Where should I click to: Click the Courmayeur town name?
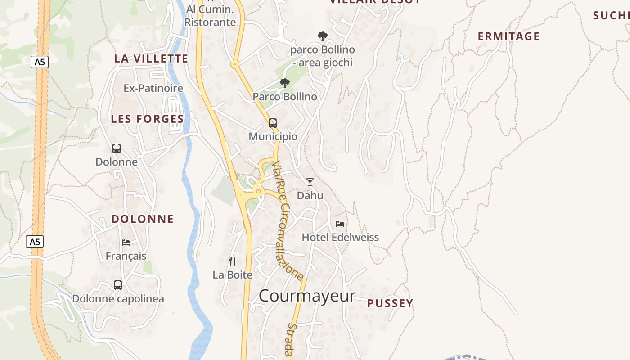click(307, 296)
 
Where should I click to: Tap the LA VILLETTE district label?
click(151, 58)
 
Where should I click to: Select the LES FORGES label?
click(147, 119)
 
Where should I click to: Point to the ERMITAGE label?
click(508, 36)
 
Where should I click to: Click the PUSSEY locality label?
click(390, 303)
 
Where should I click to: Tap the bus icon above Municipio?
click(273, 123)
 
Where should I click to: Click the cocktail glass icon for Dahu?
click(310, 182)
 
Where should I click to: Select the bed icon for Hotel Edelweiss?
click(340, 224)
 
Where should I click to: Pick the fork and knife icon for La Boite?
click(232, 261)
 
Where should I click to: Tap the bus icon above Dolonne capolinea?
click(118, 285)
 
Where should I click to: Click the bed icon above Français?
click(126, 242)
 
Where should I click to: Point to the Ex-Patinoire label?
click(153, 88)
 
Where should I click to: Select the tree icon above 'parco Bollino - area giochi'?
click(322, 36)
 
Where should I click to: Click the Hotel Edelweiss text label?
click(340, 237)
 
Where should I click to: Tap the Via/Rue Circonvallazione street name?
click(288, 220)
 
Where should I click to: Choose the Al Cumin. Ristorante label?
click(210, 16)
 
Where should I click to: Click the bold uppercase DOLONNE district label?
click(143, 219)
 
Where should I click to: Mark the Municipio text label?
click(273, 136)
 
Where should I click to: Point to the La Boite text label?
click(232, 274)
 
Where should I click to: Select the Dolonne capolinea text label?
click(118, 298)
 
